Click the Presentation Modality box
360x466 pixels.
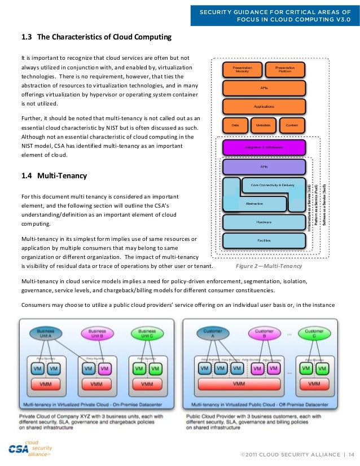pyautogui.click(x=243, y=69)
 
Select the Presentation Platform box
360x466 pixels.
pyautogui.click(x=285, y=69)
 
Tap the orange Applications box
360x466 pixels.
pyautogui.click(x=264, y=106)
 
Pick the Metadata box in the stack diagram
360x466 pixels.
pyautogui.click(x=264, y=125)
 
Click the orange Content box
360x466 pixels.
pyautogui.click(x=292, y=125)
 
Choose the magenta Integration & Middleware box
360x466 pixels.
pyautogui.click(x=264, y=147)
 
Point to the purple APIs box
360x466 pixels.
pyautogui.click(x=264, y=167)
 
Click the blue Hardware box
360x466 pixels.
pyautogui.click(x=264, y=222)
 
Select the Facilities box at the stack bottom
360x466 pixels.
pyautogui.click(x=264, y=240)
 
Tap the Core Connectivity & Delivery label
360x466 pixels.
pyautogui.click(x=269, y=185)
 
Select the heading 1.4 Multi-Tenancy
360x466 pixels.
pyautogui.click(x=54, y=176)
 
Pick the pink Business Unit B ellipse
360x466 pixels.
pyautogui.click(x=97, y=333)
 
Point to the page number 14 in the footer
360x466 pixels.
pyautogui.click(x=351, y=455)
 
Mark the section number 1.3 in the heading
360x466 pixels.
pyautogui.click(x=27, y=38)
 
